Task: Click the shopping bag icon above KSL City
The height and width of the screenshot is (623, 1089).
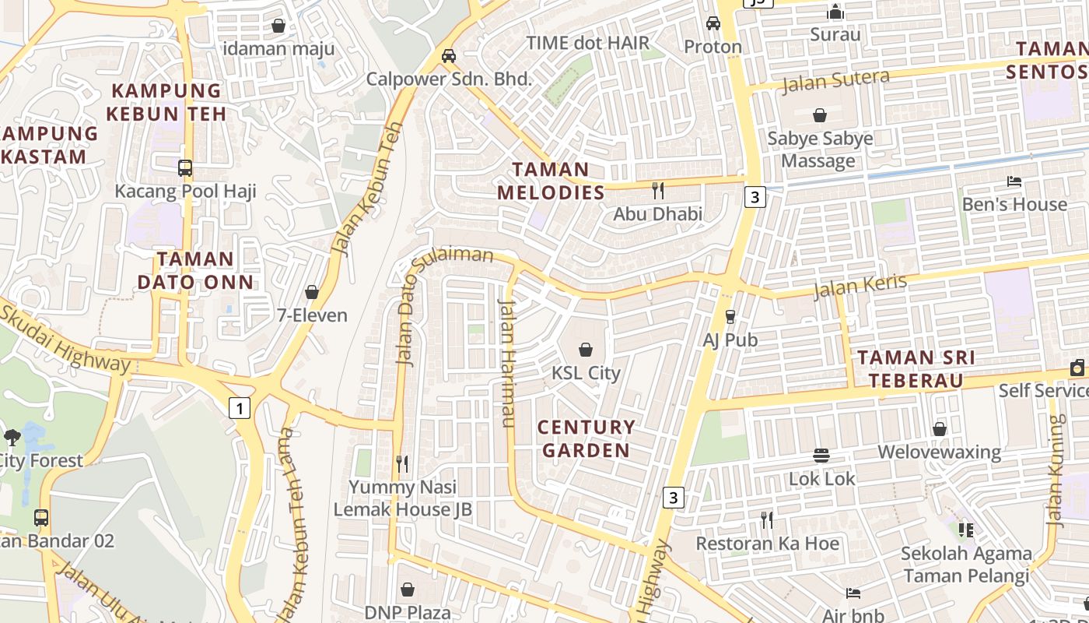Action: coord(586,350)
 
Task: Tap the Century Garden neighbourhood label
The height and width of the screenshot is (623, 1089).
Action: coord(586,438)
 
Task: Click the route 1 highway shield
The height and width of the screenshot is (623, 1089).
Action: coord(240,407)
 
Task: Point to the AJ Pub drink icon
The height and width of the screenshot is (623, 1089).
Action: coord(730,316)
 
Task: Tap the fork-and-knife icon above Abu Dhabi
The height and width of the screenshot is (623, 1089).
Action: coord(658,190)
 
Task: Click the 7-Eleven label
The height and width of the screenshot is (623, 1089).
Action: coord(312,315)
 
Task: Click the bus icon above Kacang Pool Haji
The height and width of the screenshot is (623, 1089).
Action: coord(185,167)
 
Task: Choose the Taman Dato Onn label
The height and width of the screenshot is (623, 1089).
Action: coord(195,270)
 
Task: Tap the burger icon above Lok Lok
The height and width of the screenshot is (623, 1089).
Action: coord(821,455)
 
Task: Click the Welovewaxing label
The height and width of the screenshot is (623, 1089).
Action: coord(939,452)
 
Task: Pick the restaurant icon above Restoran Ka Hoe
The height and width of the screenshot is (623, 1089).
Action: coord(767,519)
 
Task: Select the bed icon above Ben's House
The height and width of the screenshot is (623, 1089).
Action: coord(1014,181)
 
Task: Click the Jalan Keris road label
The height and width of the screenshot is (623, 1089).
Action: coord(860,286)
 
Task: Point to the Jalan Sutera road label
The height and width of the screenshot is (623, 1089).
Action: coord(835,80)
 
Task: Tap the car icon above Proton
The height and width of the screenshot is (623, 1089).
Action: coord(713,23)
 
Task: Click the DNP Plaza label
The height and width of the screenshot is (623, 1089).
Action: coord(407,613)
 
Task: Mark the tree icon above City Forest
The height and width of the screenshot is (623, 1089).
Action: coord(12,437)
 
